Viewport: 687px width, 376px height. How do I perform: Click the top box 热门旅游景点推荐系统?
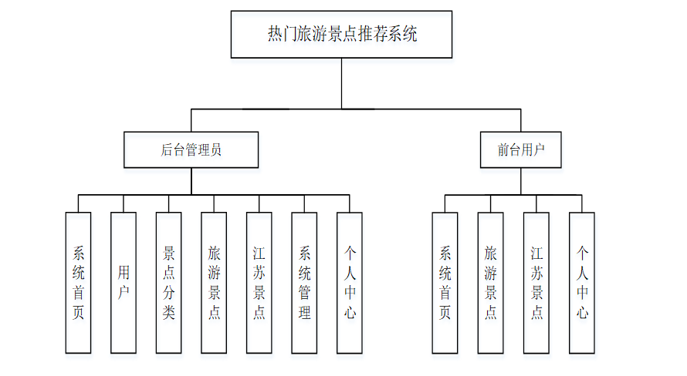(x=341, y=35)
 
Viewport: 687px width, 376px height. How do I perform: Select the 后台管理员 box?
(x=191, y=150)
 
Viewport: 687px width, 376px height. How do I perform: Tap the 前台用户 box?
(x=520, y=150)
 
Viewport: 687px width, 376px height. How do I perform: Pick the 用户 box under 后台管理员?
(x=124, y=283)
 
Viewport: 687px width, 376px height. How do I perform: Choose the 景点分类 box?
(x=169, y=283)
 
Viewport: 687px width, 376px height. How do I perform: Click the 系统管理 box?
(x=304, y=283)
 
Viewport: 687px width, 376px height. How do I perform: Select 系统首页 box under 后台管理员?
(x=79, y=283)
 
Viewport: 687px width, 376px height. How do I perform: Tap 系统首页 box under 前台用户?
(x=445, y=283)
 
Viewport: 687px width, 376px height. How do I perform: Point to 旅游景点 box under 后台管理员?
(x=214, y=283)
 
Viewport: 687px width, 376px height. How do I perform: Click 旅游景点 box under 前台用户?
(x=490, y=283)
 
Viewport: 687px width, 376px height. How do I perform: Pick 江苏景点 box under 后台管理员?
(x=259, y=283)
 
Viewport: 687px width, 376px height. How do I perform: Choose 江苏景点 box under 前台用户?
(x=536, y=283)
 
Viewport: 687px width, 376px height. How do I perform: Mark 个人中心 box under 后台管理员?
(x=350, y=283)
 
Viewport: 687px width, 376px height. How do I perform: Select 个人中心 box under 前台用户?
(x=582, y=283)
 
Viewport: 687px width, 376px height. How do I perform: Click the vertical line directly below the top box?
(x=341, y=83)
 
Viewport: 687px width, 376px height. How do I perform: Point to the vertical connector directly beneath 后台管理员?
(x=191, y=181)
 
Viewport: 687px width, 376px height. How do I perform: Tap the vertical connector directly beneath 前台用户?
(x=521, y=181)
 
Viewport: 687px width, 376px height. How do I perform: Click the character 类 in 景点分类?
(x=169, y=313)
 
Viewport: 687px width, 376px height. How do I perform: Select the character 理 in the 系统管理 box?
(x=304, y=313)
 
